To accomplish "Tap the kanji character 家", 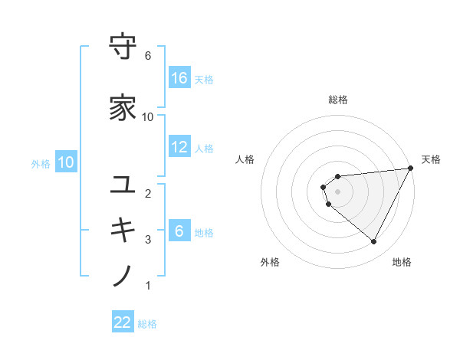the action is (x=123, y=107).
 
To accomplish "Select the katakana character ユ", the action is (x=123, y=184).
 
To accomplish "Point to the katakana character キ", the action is (x=123, y=230).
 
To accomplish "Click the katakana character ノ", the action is (x=123, y=276).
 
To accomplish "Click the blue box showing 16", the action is (x=179, y=77).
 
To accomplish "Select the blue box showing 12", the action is (x=179, y=147).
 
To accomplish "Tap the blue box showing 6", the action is (x=179, y=231).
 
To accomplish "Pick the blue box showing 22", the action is (x=123, y=322).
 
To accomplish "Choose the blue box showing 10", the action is (x=66, y=162).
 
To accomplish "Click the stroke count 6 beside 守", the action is (x=148, y=56).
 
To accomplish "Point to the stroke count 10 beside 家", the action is (x=148, y=116).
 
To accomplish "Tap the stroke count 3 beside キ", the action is (x=148, y=240).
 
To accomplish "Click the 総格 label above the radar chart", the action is (x=338, y=100).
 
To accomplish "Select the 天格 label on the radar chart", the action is (x=431, y=159).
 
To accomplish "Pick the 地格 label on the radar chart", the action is (x=402, y=262).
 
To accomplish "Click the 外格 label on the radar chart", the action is (x=270, y=262).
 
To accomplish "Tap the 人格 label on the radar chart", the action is (x=245, y=159).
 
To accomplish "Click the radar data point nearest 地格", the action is (x=374, y=242).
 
